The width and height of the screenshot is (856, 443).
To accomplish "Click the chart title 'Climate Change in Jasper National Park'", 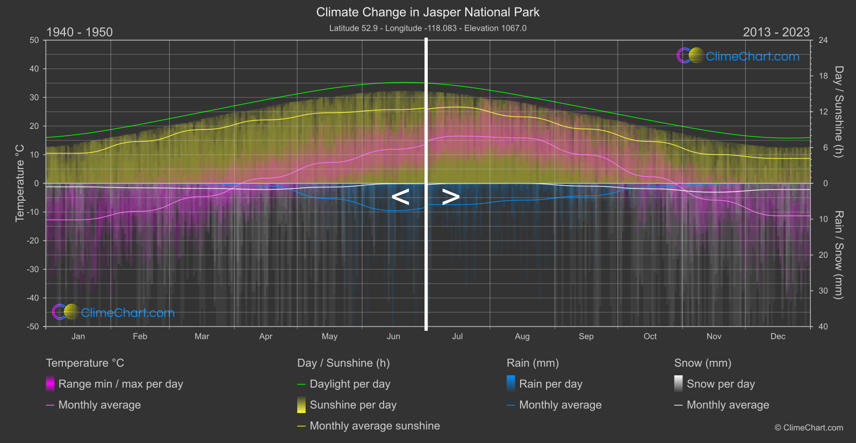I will pyautogui.click(x=428, y=12).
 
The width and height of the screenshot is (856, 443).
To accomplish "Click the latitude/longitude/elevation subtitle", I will pyautogui.click(x=428, y=28).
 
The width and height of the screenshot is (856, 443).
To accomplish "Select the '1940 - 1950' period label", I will pyautogui.click(x=80, y=32).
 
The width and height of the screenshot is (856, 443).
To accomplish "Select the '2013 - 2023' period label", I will pyautogui.click(x=776, y=32).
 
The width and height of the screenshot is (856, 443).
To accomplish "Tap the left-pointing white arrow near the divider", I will pyautogui.click(x=400, y=197).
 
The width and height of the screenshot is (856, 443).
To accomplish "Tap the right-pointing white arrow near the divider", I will pyautogui.click(x=450, y=197).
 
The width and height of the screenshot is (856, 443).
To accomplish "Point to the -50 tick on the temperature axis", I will pyautogui.click(x=34, y=326).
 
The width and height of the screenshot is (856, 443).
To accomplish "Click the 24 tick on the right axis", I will pyautogui.click(x=823, y=40).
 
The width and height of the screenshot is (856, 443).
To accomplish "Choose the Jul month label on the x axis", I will pyautogui.click(x=457, y=337).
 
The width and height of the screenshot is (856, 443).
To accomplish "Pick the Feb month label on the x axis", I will pyautogui.click(x=140, y=337).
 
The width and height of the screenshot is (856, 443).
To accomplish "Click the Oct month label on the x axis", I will pyautogui.click(x=650, y=337).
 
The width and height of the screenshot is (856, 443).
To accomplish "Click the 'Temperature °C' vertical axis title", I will pyautogui.click(x=20, y=183).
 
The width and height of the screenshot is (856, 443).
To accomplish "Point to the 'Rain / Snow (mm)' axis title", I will pyautogui.click(x=838, y=255).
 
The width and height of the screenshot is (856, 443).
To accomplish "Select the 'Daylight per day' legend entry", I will pyautogui.click(x=350, y=384).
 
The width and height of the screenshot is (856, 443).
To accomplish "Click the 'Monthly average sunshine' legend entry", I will pyautogui.click(x=375, y=426).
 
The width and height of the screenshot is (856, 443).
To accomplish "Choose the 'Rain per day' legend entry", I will pyautogui.click(x=550, y=384).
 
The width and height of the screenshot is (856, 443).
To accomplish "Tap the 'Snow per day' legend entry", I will pyautogui.click(x=721, y=384).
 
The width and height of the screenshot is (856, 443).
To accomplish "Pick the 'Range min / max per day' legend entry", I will pyautogui.click(x=120, y=384).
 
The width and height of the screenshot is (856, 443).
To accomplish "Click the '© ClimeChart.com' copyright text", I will pyautogui.click(x=809, y=428).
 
